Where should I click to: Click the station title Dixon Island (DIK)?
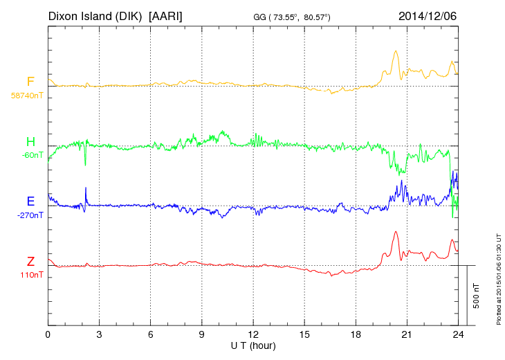coord(95,15)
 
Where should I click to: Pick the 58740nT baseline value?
coord(27,96)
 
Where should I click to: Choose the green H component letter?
coord(30,143)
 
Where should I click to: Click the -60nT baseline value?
coord(32,155)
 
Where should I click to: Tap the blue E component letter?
coord(30,202)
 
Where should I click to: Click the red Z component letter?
coord(30,262)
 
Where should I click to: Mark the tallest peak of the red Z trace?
coord(396,232)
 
